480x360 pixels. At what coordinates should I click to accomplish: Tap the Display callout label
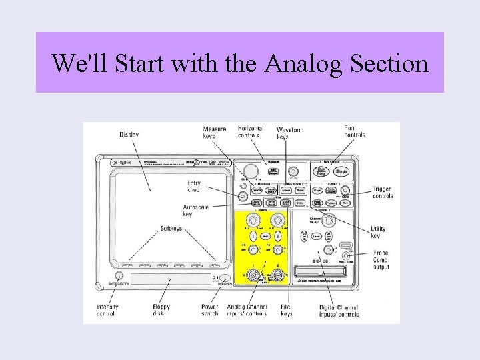tap(129, 135)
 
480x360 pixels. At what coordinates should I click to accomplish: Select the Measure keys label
tap(215, 132)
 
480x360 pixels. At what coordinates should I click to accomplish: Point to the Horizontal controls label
tap(251, 132)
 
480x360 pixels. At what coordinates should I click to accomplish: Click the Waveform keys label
tap(290, 133)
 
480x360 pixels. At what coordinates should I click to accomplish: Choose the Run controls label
tap(355, 131)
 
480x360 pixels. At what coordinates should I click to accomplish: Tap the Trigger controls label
tap(383, 193)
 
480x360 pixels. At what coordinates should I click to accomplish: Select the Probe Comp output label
tap(381, 260)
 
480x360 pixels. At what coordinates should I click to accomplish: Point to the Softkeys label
tap(171, 229)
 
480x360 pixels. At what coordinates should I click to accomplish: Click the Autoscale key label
tap(196, 211)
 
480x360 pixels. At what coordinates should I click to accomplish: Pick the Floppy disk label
tap(161, 310)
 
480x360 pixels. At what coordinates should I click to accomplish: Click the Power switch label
tap(210, 310)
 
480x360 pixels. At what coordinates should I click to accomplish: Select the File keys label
tap(287, 310)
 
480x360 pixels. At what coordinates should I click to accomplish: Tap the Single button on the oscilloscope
tap(342, 171)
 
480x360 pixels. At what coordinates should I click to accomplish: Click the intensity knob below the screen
tap(119, 276)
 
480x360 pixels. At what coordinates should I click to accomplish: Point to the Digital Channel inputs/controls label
tap(339, 311)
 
